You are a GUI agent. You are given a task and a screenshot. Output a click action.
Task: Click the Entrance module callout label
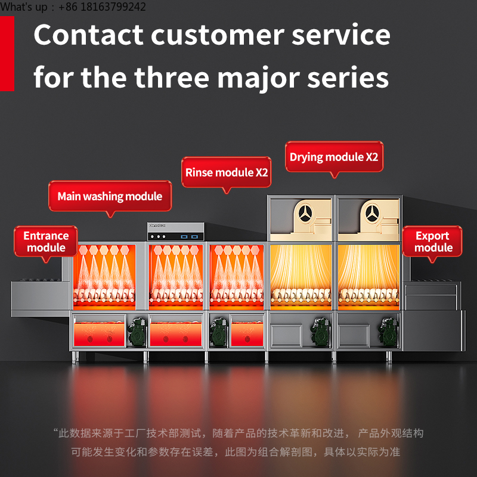(x=46, y=241)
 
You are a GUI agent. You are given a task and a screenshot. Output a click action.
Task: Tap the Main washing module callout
(x=110, y=196)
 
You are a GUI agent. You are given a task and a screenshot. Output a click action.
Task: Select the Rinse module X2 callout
(x=227, y=172)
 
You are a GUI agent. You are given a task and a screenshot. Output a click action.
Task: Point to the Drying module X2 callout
(x=334, y=157)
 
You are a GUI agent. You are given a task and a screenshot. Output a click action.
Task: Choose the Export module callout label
(x=432, y=241)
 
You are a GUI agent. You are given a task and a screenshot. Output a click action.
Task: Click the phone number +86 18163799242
(x=102, y=7)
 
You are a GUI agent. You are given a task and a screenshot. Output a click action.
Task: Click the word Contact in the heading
(x=88, y=35)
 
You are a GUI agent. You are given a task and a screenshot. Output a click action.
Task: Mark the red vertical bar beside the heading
(x=7, y=54)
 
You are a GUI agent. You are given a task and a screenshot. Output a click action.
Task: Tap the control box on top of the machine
(x=176, y=231)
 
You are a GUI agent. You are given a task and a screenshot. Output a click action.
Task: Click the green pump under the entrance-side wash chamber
(x=137, y=332)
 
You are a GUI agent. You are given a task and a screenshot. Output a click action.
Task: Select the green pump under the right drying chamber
(x=388, y=332)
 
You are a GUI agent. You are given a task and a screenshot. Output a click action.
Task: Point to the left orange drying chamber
(x=301, y=277)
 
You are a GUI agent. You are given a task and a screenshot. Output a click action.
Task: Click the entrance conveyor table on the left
(x=41, y=298)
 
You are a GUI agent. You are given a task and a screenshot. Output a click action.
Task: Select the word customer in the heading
(x=218, y=35)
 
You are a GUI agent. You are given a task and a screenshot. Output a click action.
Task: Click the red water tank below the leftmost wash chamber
(x=99, y=334)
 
